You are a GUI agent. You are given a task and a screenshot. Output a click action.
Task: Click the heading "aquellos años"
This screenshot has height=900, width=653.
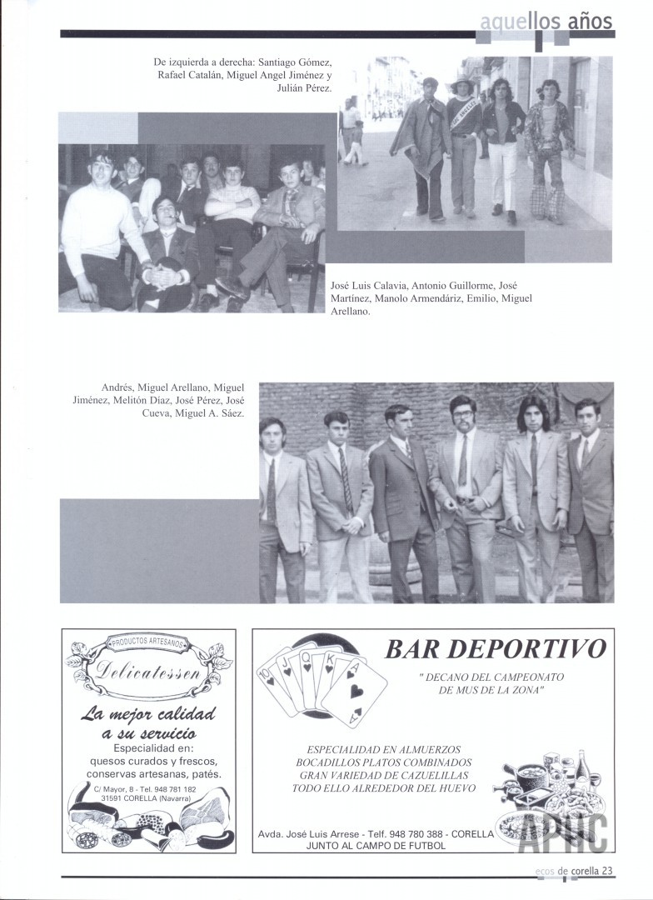(546, 22)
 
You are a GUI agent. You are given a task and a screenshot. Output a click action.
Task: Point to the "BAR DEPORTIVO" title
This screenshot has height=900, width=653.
(495, 649)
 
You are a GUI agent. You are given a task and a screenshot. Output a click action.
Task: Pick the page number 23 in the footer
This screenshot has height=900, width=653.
(607, 871)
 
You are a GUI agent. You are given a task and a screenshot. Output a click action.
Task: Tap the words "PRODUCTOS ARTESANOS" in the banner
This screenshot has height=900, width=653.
(149, 643)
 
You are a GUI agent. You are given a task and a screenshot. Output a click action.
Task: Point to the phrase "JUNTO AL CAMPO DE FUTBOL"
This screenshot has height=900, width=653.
(376, 845)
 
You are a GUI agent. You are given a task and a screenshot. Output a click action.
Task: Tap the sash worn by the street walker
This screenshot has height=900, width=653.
(461, 122)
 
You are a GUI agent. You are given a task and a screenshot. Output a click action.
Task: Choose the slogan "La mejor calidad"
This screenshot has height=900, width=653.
(148, 714)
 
